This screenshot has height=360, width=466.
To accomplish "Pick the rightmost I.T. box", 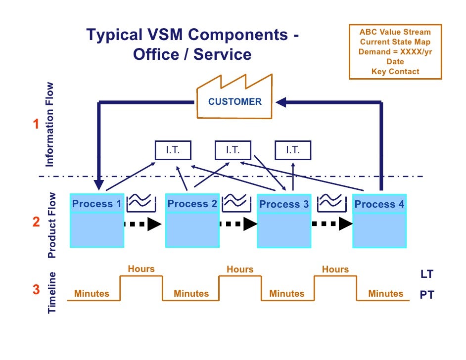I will (293, 150).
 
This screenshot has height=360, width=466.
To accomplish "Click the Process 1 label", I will (97, 204).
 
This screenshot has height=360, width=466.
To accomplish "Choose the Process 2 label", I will (192, 204).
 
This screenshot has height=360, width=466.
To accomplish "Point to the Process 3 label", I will (284, 204).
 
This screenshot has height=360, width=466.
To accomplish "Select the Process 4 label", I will (379, 204).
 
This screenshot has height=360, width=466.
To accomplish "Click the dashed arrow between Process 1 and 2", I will (143, 224).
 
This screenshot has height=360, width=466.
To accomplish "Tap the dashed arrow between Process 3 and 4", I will (332, 224).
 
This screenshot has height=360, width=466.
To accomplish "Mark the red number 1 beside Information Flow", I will (36, 125).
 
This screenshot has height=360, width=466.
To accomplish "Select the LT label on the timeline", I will (426, 274).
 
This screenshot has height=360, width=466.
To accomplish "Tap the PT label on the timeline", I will (426, 295).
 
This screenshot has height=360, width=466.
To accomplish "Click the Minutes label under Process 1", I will (92, 294).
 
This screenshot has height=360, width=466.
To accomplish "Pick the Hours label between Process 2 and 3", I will (240, 270).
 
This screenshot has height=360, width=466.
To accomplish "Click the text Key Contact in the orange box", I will (395, 72).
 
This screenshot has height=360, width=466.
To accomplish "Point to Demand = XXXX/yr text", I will (395, 52).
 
